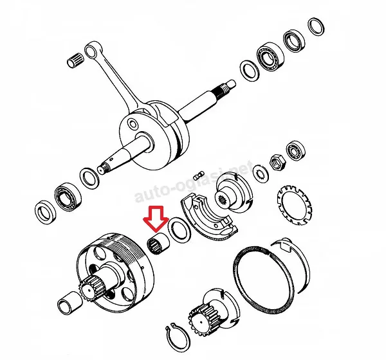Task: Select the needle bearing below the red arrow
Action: pos(158,244)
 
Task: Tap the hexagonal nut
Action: pos(278,163)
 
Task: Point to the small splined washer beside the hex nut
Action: pos(261,174)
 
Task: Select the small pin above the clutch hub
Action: pos(198,176)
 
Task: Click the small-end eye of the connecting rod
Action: pos(91,51)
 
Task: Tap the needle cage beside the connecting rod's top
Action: pos(75,60)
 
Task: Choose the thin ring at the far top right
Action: pos(316,26)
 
